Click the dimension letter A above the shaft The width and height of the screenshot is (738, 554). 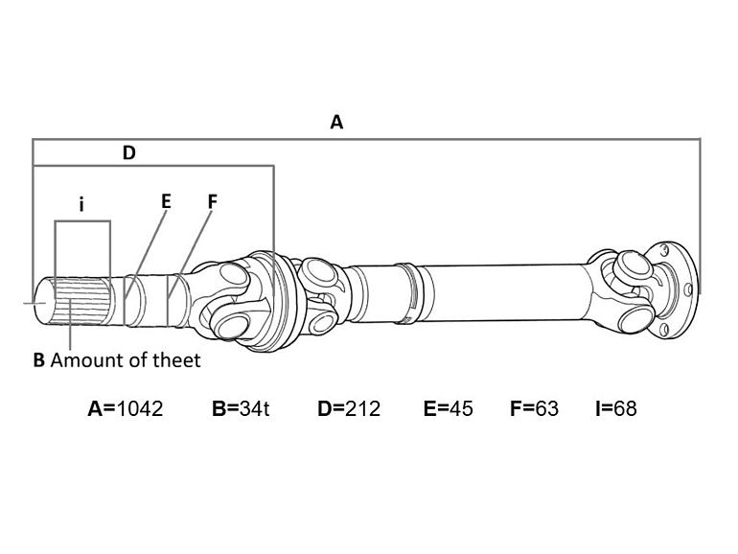click(336, 122)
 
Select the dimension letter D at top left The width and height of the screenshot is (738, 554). click(129, 151)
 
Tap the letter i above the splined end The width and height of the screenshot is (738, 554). click(81, 204)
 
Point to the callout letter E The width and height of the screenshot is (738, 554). click(166, 201)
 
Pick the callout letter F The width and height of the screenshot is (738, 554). click(213, 201)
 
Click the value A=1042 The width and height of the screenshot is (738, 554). click(126, 408)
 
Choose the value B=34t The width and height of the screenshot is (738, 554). click(241, 408)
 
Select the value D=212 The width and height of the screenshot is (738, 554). click(349, 408)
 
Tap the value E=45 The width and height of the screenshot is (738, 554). click(448, 408)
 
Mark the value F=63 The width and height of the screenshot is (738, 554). click(534, 408)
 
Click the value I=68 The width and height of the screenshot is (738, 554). click(616, 408)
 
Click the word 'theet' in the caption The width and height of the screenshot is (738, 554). click(179, 360)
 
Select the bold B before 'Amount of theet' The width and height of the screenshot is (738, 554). click(38, 360)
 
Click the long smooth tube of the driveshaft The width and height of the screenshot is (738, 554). click(498, 288)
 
